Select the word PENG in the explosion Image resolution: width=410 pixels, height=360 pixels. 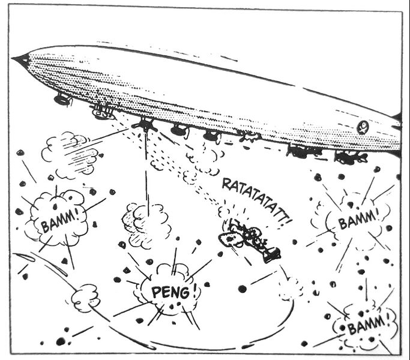[x=166, y=293]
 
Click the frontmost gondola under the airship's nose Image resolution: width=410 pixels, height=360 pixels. [x=62, y=100]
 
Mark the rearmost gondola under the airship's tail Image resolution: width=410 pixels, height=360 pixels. [x=351, y=158]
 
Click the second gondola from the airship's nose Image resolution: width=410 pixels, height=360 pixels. [x=103, y=112]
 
